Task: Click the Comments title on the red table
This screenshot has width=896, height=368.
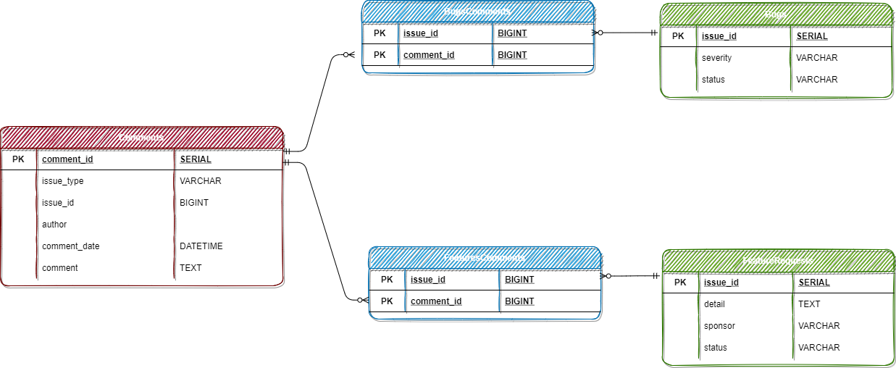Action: coord(141,138)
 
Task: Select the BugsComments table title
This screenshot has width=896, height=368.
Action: coord(477,12)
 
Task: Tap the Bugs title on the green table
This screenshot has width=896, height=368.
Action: coord(776,14)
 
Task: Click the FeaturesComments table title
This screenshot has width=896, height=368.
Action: coord(484,258)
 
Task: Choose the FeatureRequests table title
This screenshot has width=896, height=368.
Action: coord(778,261)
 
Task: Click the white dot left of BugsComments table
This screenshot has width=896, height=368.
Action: coord(346,54)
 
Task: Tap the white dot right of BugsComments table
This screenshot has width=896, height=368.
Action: coord(600,33)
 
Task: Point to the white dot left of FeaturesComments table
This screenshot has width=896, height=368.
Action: coord(359,300)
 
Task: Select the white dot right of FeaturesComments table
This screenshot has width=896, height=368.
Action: coord(608,276)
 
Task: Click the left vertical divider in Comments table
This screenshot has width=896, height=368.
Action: coord(36,214)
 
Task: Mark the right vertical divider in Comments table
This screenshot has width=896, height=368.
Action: coord(174,214)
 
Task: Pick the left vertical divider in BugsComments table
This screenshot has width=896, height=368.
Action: coord(398,45)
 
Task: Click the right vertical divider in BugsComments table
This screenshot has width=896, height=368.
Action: coord(492,45)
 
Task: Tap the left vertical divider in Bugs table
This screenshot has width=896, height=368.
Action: coord(696,59)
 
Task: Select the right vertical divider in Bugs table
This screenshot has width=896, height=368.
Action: coord(790,59)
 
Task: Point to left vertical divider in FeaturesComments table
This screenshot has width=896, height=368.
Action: coord(405,291)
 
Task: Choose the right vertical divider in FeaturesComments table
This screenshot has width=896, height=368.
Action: coord(499,291)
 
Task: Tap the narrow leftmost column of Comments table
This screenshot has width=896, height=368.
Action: coord(19,214)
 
